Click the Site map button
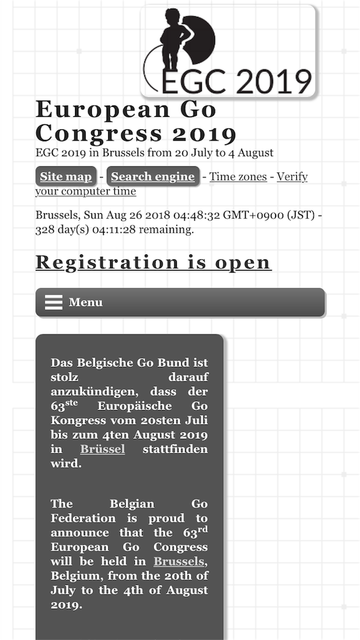[66, 177]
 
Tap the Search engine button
[152, 177]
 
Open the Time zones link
[238, 177]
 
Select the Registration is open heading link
[153, 262]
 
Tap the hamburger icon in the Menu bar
[54, 302]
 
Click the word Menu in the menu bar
[86, 302]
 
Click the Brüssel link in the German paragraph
[102, 449]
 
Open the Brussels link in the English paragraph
[179, 561]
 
